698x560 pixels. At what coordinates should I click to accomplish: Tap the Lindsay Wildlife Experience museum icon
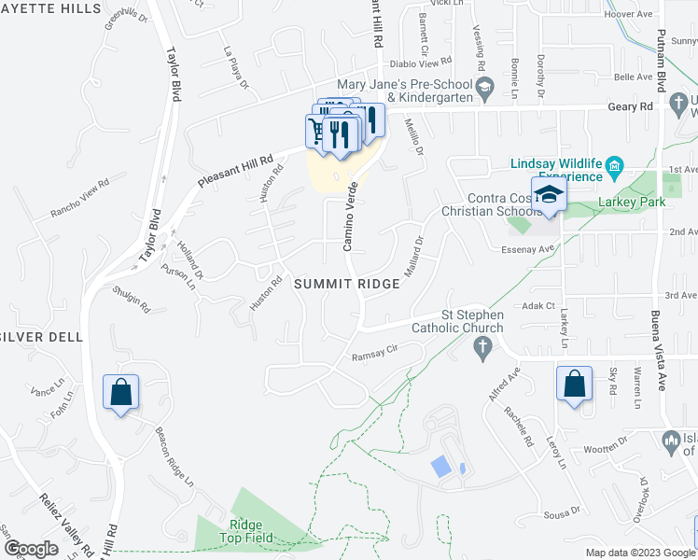[614, 169]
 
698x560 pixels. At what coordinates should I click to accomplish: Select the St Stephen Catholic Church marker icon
[482, 350]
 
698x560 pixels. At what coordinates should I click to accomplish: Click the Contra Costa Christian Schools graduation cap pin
[549, 194]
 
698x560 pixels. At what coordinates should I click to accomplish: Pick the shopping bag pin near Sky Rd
[573, 382]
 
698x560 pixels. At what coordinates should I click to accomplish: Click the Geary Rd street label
[634, 107]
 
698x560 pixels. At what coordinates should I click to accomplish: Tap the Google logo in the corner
[31, 549]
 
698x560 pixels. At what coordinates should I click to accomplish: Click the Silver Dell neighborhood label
[37, 335]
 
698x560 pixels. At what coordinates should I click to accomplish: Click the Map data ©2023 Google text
[640, 553]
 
